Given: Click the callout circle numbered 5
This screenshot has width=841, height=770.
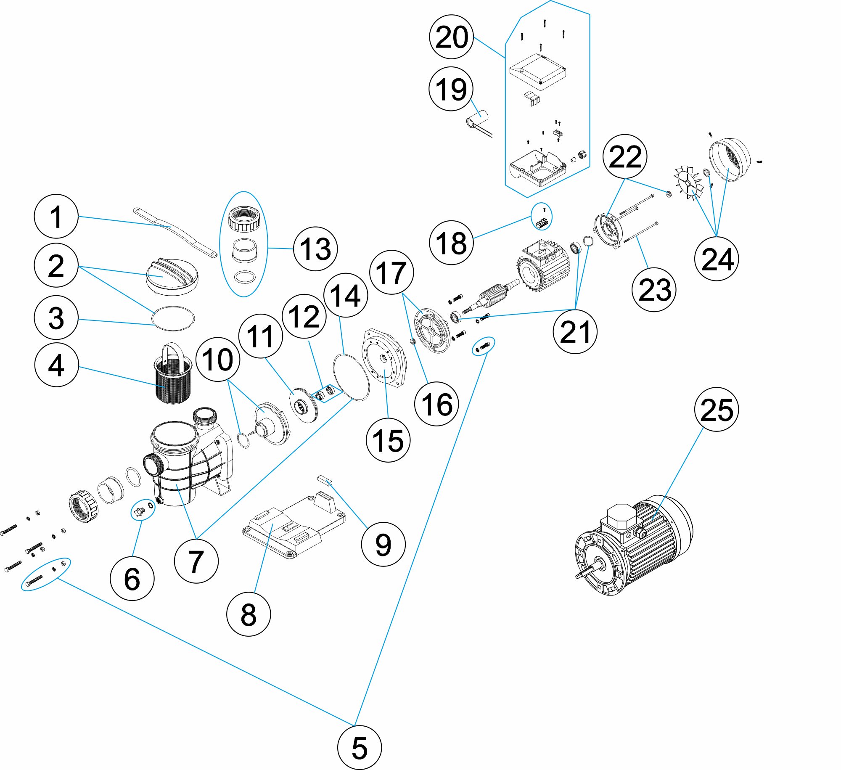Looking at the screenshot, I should pyautogui.click(x=359, y=748).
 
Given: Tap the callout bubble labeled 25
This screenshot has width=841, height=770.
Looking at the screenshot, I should pyautogui.click(x=717, y=409).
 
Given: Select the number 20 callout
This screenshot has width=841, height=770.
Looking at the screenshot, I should pyautogui.click(x=451, y=37).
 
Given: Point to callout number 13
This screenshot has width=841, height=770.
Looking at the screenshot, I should pyautogui.click(x=315, y=249).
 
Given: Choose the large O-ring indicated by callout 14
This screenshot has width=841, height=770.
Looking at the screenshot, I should pyautogui.click(x=352, y=377).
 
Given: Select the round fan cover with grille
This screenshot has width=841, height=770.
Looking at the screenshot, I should pyautogui.click(x=730, y=160).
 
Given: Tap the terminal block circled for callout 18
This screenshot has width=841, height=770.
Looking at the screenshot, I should pyautogui.click(x=542, y=222).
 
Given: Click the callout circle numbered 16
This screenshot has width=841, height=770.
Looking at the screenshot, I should pyautogui.click(x=436, y=404).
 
